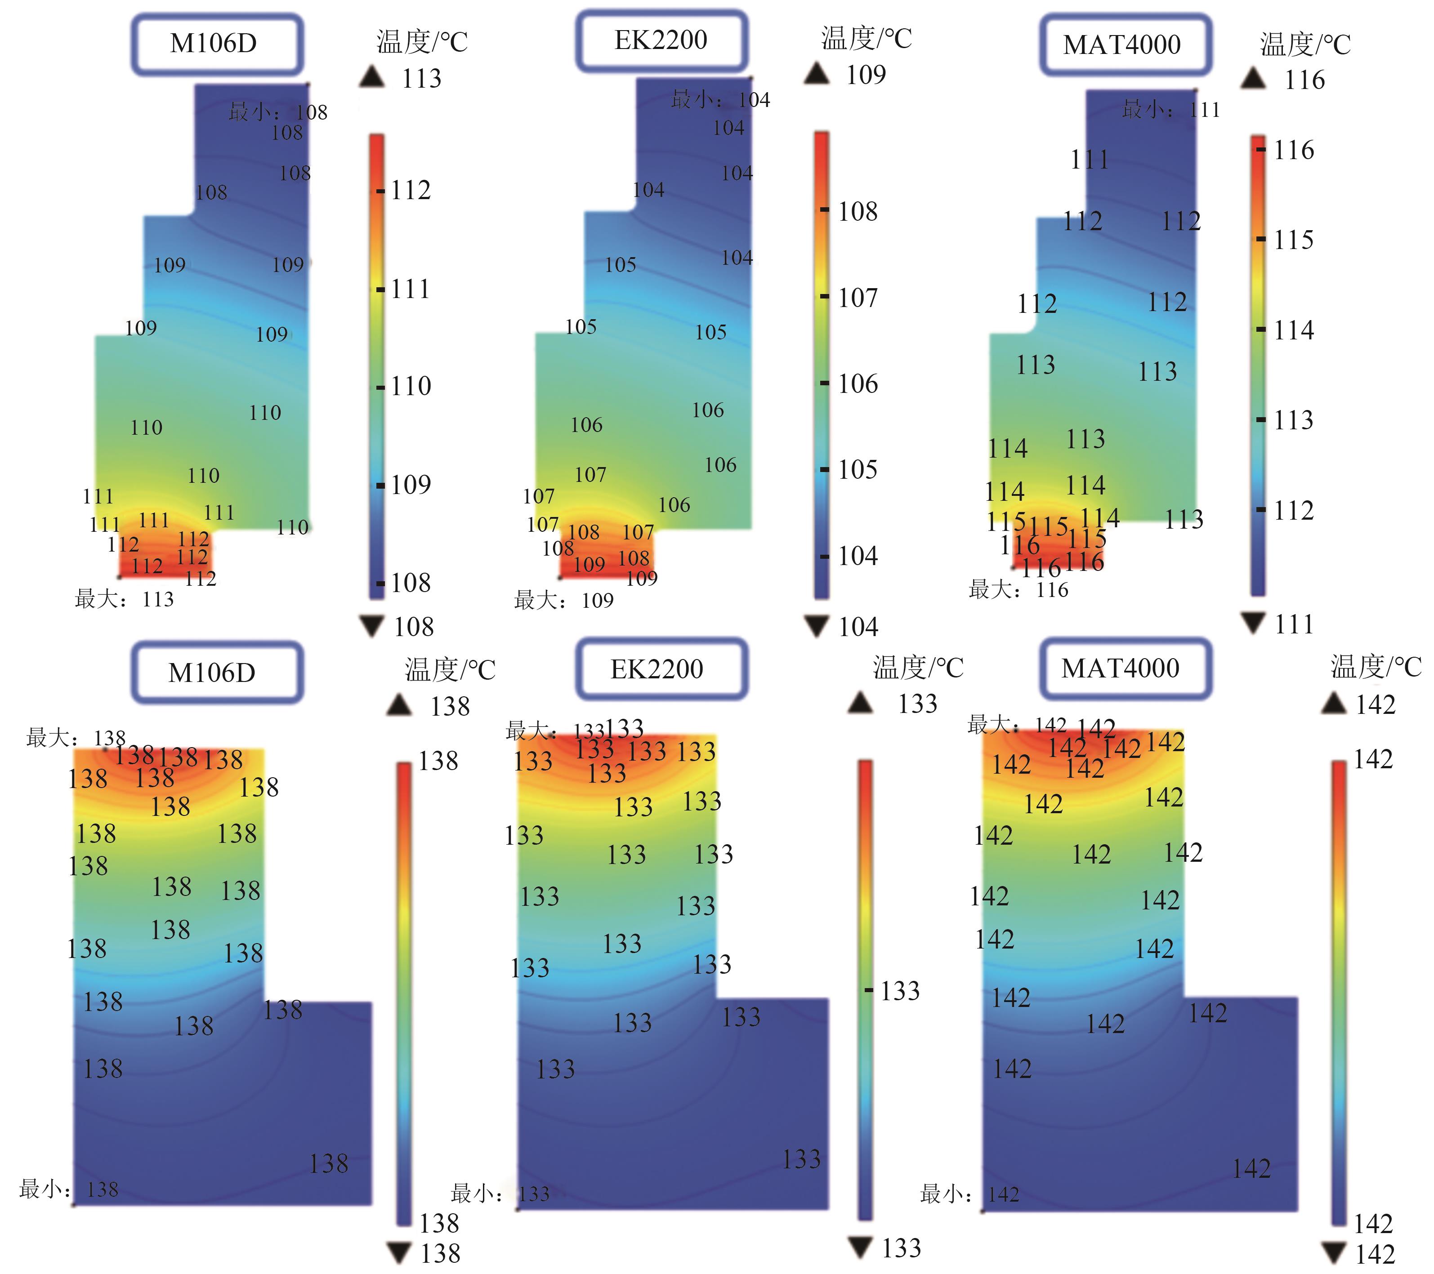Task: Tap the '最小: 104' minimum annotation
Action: (x=720, y=100)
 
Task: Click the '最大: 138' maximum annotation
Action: (x=76, y=738)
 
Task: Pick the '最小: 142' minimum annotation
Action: (x=969, y=1194)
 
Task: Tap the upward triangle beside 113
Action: (x=372, y=77)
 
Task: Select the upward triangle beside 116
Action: (x=1253, y=79)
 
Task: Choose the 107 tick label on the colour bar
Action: (x=858, y=298)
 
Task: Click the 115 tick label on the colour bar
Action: (x=1293, y=240)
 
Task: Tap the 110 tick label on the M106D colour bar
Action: (x=411, y=386)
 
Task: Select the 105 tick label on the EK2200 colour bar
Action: (x=858, y=469)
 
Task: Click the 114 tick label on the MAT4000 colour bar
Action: (x=1293, y=330)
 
